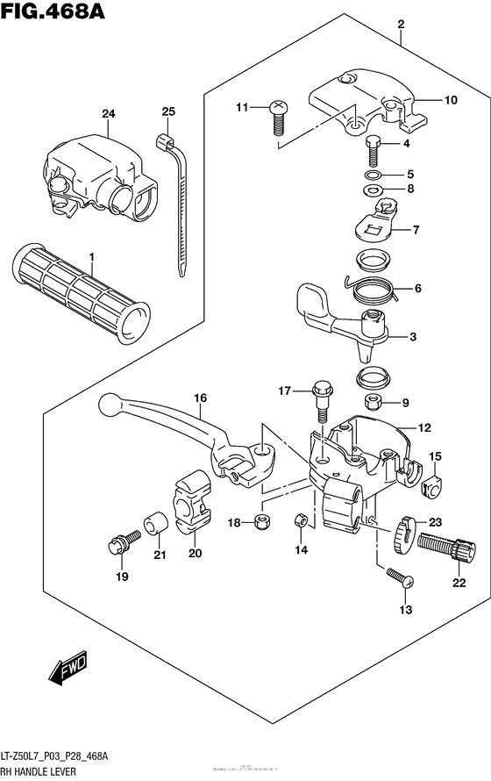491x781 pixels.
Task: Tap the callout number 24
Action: (x=109, y=114)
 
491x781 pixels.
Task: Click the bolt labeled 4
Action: (x=372, y=151)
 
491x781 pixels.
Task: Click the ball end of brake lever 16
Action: (x=109, y=405)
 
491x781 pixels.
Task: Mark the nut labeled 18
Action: (x=260, y=523)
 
